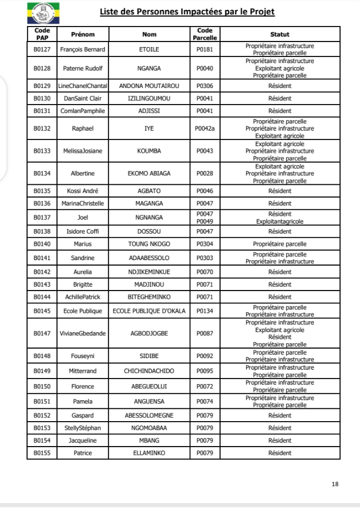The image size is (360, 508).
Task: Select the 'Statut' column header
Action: [x=279, y=34]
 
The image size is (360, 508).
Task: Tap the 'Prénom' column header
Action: [x=82, y=34]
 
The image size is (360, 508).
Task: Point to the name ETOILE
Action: [x=149, y=49]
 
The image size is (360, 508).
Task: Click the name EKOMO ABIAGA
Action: [x=149, y=173]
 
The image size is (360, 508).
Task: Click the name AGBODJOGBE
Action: [x=149, y=334]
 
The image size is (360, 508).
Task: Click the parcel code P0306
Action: [x=205, y=86]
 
